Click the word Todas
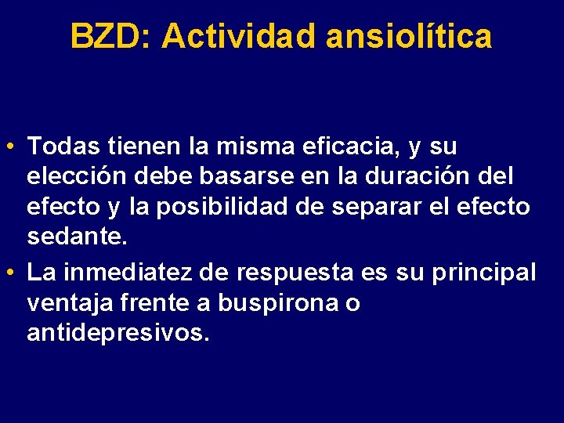click(x=64, y=146)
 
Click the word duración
click(x=428, y=176)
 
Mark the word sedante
click(x=77, y=237)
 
